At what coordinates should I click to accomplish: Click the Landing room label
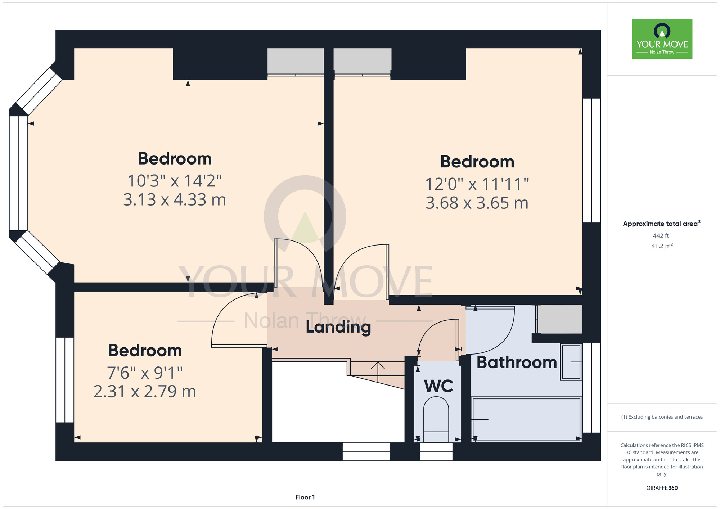338,327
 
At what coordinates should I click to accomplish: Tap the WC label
438,386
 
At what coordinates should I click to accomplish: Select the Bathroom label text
517,362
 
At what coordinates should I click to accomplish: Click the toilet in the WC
436,419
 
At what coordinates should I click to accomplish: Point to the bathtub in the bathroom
526,419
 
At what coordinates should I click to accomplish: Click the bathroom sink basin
571,362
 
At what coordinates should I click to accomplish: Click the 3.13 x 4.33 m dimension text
175,200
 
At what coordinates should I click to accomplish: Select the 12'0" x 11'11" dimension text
477,184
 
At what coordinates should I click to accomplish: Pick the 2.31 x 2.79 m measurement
145,392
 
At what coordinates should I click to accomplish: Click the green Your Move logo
662,39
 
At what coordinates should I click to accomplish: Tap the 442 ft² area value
662,236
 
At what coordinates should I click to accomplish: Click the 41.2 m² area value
662,246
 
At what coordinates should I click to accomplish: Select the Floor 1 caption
305,497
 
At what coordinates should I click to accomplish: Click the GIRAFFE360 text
662,488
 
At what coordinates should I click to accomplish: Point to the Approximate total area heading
662,224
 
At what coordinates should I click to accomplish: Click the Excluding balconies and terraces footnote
662,417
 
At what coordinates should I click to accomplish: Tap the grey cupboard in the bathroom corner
560,319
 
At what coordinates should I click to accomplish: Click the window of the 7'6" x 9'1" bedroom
65,380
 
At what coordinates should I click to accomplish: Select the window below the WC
436,452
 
